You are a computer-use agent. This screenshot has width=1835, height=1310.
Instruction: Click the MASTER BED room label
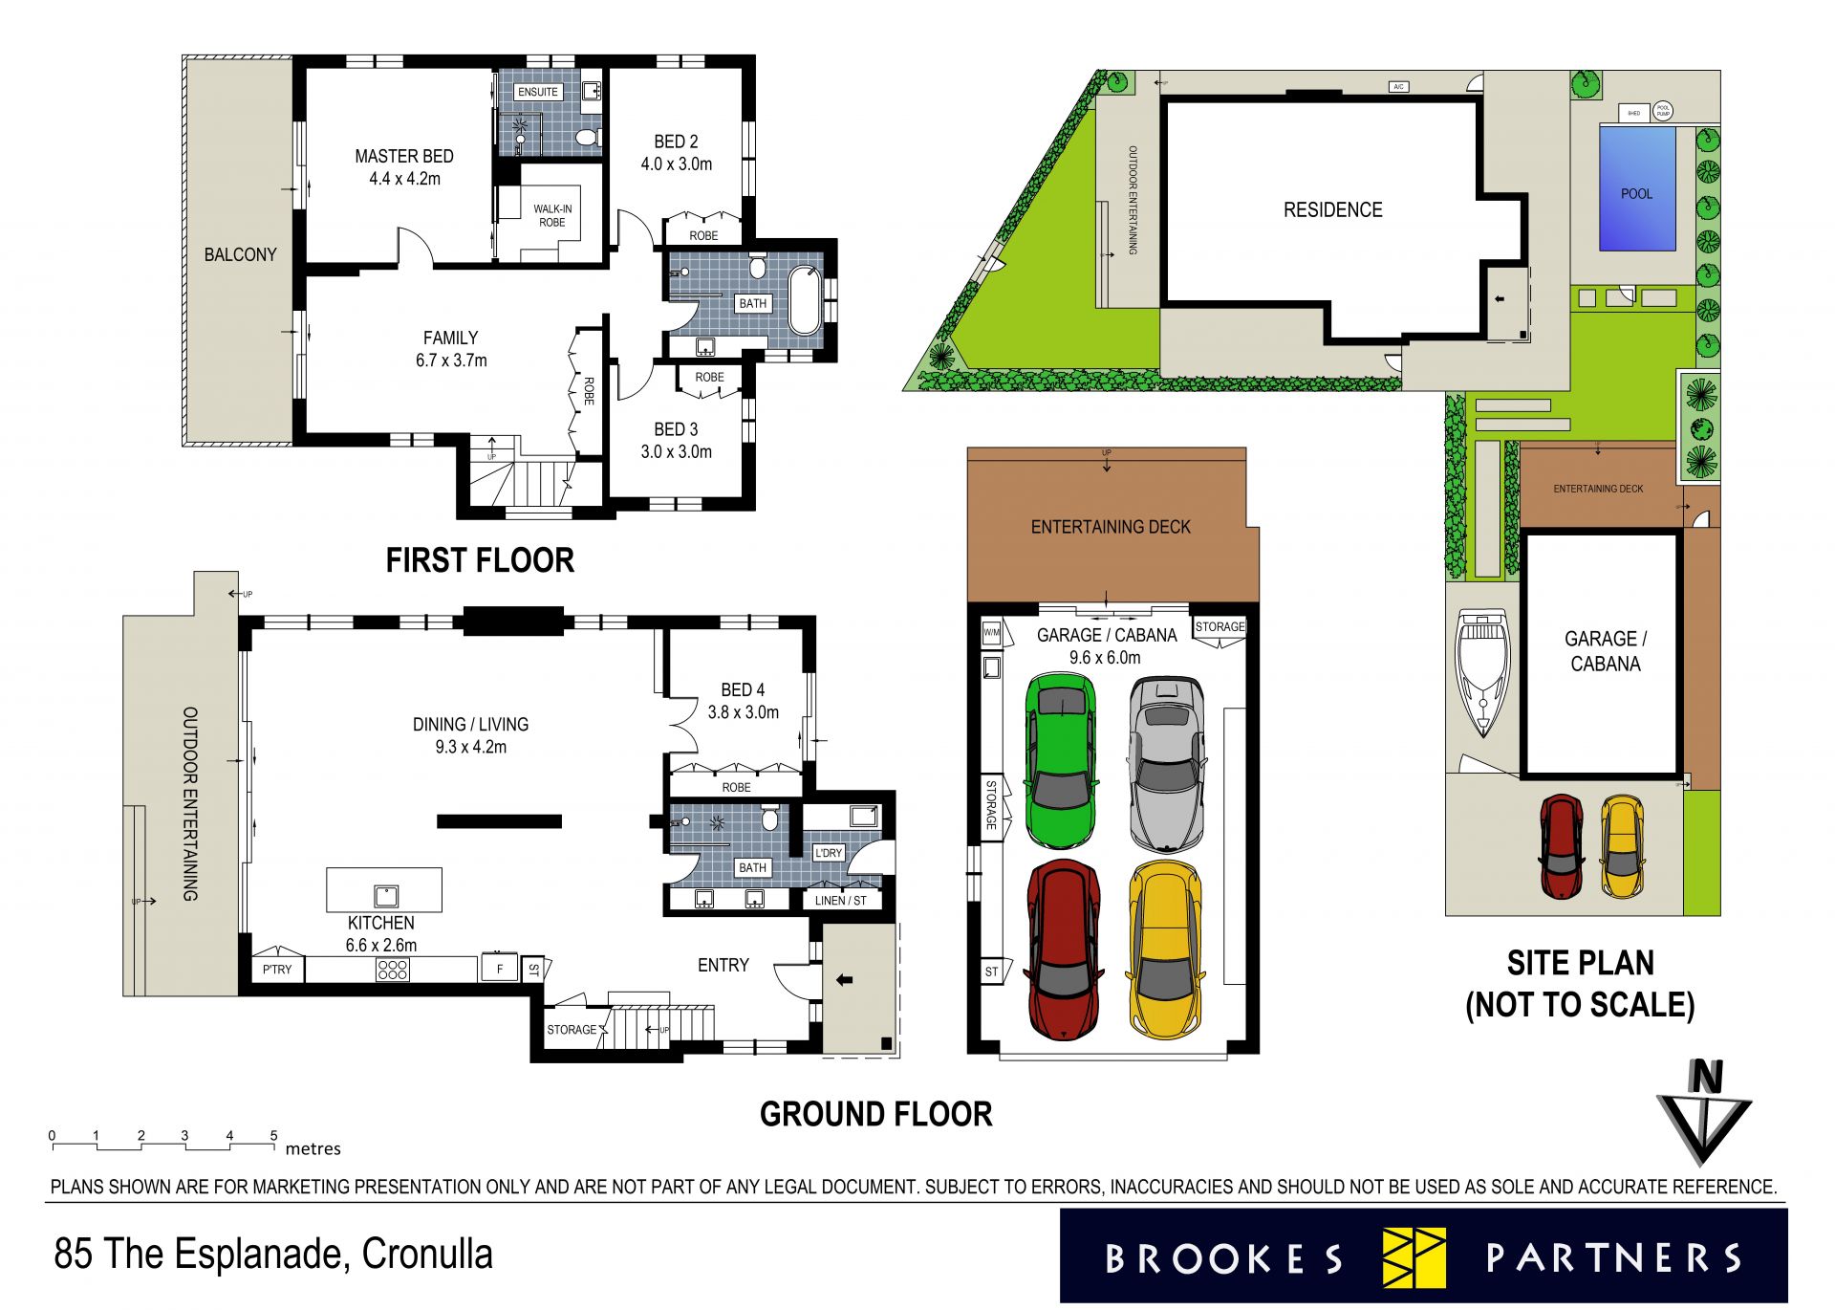click(x=404, y=157)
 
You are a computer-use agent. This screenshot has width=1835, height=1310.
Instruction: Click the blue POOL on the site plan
click(x=1636, y=188)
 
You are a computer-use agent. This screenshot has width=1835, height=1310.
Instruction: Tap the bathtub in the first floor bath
click(x=805, y=300)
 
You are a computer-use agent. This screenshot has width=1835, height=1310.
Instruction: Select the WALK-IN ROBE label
click(x=551, y=215)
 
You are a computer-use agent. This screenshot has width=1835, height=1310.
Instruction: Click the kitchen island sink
click(x=385, y=896)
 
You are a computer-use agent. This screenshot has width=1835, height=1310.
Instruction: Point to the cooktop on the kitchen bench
click(x=393, y=970)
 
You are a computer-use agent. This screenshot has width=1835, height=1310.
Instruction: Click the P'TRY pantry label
click(x=277, y=970)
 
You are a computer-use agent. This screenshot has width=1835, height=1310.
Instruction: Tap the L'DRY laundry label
click(x=828, y=853)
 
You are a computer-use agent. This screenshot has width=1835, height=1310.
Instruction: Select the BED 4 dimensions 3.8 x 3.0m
click(x=743, y=712)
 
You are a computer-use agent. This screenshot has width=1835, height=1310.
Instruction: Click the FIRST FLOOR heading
click(x=480, y=560)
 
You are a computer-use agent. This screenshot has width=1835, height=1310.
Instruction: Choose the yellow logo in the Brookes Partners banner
click(x=1414, y=1257)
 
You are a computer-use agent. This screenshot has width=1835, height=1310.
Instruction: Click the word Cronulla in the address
click(x=427, y=1255)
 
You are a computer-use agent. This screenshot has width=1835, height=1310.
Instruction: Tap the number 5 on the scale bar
click(x=273, y=1136)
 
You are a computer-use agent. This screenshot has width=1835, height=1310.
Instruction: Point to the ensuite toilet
click(x=588, y=140)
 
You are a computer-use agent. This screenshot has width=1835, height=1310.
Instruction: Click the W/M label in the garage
click(x=991, y=632)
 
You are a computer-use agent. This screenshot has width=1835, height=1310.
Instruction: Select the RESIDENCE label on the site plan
click(x=1332, y=210)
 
